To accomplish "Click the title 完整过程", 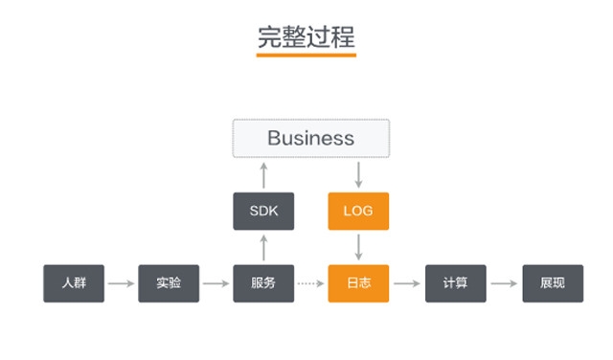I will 306,35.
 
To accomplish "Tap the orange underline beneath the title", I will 306,56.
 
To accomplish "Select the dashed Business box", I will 311,138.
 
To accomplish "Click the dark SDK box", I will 263,211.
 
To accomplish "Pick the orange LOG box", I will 358,211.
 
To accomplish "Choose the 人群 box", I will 74,283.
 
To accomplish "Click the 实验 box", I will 169,283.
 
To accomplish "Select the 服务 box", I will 263,283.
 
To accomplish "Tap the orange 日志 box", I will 358,283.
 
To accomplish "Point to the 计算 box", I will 455,283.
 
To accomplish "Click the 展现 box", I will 552,283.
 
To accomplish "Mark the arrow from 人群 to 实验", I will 121,283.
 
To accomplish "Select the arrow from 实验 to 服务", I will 216,283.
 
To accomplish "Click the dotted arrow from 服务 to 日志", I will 310,283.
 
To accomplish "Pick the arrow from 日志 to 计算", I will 406,283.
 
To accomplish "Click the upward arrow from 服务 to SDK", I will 263,247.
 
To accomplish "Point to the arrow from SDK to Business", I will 263,175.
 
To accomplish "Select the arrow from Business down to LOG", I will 358,175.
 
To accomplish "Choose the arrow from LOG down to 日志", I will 358,247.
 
